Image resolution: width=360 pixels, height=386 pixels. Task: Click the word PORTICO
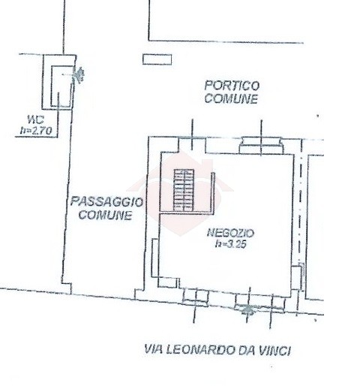232,86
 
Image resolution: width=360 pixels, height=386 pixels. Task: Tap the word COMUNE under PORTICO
231,98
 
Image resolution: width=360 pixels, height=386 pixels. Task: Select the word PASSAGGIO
106,201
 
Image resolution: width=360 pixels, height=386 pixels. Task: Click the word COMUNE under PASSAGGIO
105,215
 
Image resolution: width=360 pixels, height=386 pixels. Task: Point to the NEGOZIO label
230,233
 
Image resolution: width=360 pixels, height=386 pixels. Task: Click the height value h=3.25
231,244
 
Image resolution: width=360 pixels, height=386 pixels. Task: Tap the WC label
36,119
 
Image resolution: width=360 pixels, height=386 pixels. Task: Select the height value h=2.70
36,131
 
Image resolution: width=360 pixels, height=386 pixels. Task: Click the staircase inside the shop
184,190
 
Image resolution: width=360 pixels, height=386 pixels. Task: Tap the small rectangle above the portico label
157,59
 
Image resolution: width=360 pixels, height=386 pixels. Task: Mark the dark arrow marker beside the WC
79,74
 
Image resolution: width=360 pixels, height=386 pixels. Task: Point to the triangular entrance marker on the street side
247,309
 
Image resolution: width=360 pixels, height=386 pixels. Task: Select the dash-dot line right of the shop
301,208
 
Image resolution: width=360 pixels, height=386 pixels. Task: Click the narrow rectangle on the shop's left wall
155,258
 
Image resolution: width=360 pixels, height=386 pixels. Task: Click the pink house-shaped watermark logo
181,193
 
